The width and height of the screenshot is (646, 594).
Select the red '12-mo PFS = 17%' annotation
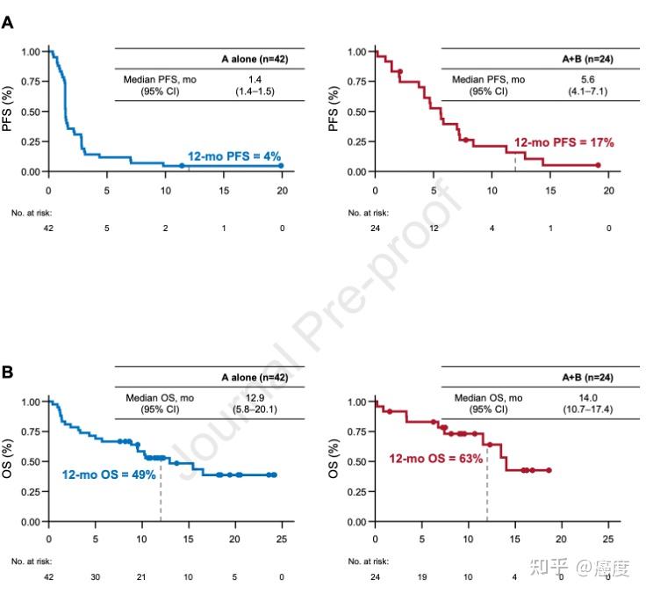pos(563,142)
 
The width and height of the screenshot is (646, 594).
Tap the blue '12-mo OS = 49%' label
pos(109,474)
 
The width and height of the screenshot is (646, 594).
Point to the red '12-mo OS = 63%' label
pos(436,459)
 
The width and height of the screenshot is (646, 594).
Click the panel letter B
pos(8,373)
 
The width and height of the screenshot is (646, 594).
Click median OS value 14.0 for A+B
pos(584,398)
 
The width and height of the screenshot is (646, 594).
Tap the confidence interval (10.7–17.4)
pos(584,409)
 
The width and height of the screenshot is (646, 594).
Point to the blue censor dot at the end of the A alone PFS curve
pos(282,165)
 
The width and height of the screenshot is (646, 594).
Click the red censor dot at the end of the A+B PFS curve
pos(598,165)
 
